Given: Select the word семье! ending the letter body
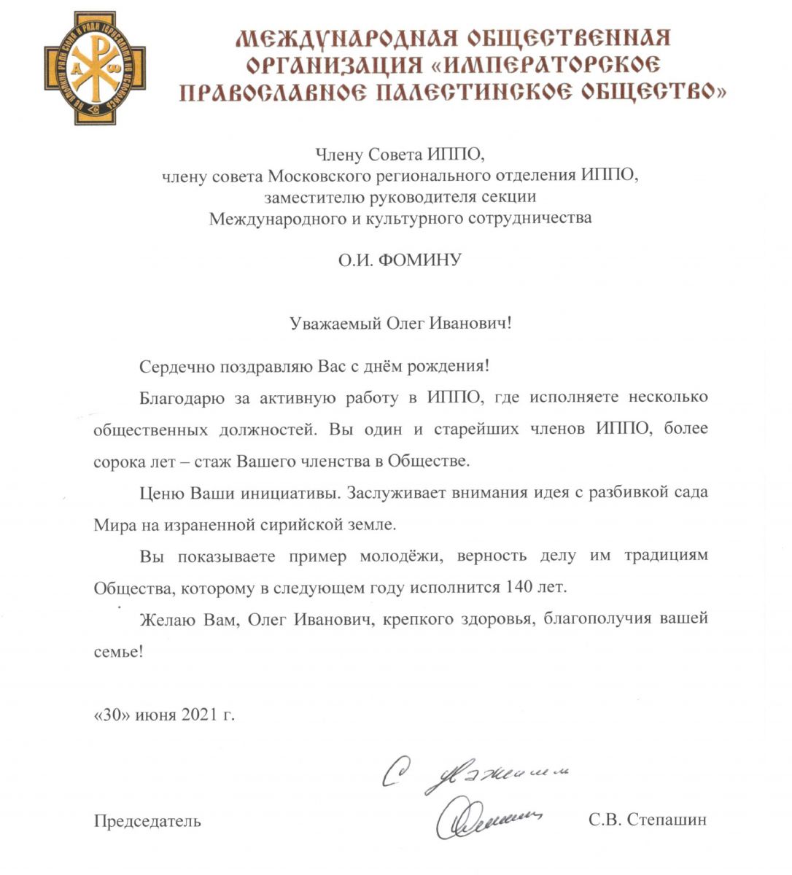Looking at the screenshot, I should (x=118, y=651).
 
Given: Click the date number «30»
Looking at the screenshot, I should (x=112, y=715).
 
